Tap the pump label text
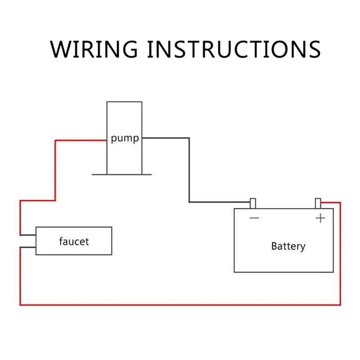[x=125, y=139]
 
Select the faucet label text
[x=74, y=242]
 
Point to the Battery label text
[x=288, y=246]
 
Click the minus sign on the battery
[x=254, y=219]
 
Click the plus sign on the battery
[x=320, y=218]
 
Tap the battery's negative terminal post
[x=253, y=203]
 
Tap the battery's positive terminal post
[x=318, y=203]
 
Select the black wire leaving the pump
[x=166, y=138]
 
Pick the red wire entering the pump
[x=81, y=140]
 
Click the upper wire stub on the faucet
[x=28, y=235]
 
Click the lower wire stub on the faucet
[x=28, y=247]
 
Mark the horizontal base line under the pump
[x=121, y=174]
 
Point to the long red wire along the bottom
[x=180, y=305]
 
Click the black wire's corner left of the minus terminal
[x=189, y=202]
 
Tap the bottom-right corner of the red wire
[x=340, y=305]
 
